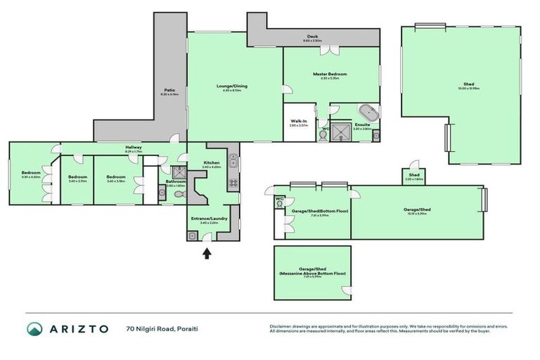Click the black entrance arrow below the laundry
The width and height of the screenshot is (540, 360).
207,253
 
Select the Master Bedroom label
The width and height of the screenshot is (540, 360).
330,74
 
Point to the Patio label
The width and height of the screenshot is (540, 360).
169,90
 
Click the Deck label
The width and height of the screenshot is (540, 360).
312,37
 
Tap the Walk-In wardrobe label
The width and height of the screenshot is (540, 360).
299,121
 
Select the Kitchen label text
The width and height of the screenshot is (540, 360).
212,163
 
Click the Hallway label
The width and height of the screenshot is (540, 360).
133,147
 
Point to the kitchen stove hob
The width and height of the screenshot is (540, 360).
233,184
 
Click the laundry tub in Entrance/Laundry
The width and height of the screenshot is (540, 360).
192,236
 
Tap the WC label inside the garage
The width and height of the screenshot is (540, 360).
281,198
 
